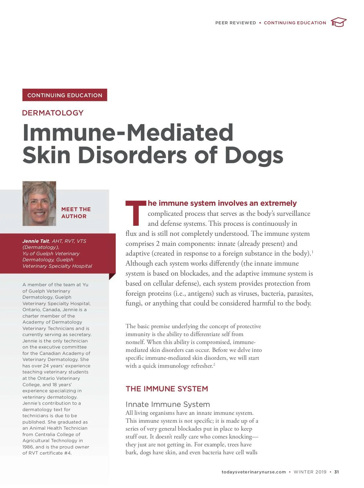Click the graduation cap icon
339,22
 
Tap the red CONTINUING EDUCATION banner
65,95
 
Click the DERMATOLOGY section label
53,113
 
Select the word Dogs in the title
254,155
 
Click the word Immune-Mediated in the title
128,132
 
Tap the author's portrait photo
39,204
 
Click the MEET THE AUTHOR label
76,213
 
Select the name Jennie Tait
36,241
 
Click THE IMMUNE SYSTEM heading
167,389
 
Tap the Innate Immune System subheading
168,404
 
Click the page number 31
336,472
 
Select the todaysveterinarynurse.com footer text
254,472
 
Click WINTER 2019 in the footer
310,472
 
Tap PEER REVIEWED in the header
236,23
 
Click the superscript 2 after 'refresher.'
214,364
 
